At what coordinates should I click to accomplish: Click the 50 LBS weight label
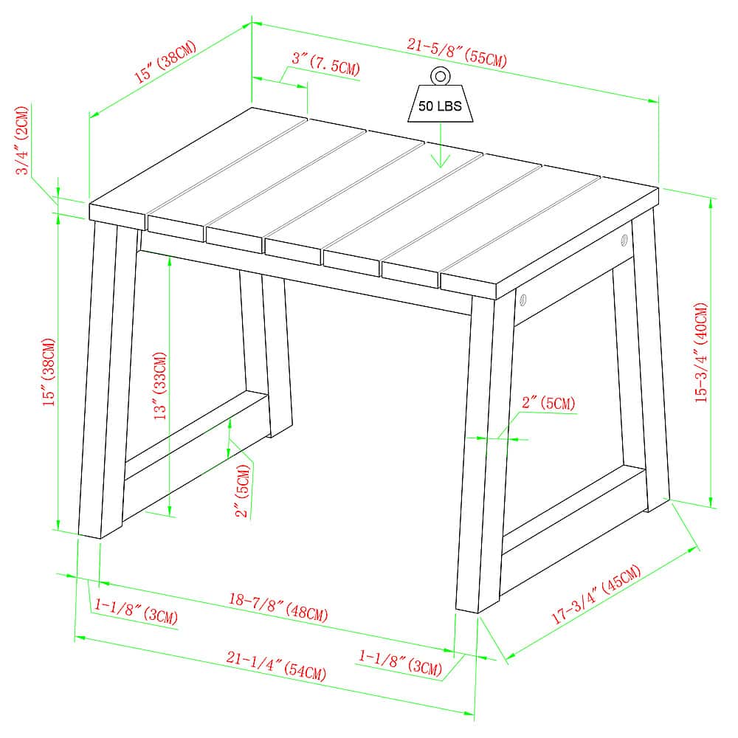[x=440, y=106]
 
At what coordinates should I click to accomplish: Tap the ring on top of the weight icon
[x=441, y=75]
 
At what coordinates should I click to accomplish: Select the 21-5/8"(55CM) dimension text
[x=457, y=53]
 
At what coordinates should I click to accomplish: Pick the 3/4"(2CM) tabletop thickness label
[x=24, y=140]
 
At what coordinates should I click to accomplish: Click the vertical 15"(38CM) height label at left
[x=49, y=373]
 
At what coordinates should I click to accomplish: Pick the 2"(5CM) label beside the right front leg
[x=548, y=403]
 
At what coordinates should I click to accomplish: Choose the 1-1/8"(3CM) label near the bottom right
[x=400, y=662]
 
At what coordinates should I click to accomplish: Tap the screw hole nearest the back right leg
[x=624, y=240]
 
